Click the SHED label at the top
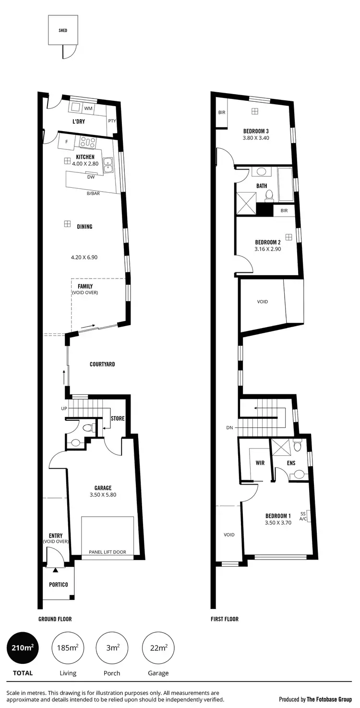click(63, 30)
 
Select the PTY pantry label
click(112, 121)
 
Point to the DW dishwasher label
click(90, 177)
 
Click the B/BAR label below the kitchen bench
click(93, 194)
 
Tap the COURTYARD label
click(102, 364)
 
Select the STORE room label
click(118, 418)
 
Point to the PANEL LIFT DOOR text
click(108, 552)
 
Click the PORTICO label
click(59, 585)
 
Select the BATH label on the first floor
click(262, 186)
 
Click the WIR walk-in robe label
click(260, 463)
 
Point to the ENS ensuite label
click(291, 463)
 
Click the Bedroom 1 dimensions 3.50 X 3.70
click(278, 523)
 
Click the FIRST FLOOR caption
click(225, 619)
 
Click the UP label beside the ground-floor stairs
click(64, 408)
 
